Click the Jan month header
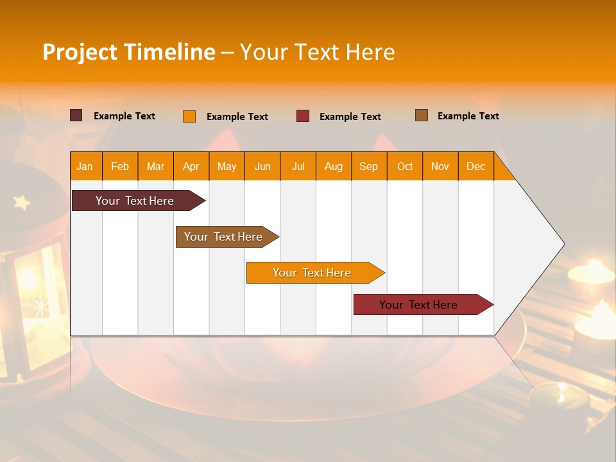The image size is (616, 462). [85, 167]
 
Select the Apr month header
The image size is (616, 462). [191, 167]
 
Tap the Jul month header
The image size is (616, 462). [298, 167]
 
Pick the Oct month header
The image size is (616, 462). [405, 167]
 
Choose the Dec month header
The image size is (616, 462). [475, 167]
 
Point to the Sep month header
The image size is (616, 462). [368, 167]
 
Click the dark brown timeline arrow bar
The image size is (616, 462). [139, 200]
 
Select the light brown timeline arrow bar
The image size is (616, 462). [227, 237]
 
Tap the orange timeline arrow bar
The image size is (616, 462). [316, 273]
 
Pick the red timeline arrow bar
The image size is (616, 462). [424, 304]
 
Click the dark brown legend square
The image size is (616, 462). [76, 116]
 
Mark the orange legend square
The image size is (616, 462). [189, 116]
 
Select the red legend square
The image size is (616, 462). [303, 116]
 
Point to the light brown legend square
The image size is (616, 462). [422, 115]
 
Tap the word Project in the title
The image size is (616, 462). [80, 53]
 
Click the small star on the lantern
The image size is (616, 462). [22, 202]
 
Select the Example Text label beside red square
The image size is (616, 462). [350, 117]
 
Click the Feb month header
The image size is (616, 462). [120, 167]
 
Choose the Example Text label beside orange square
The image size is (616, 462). [237, 117]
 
